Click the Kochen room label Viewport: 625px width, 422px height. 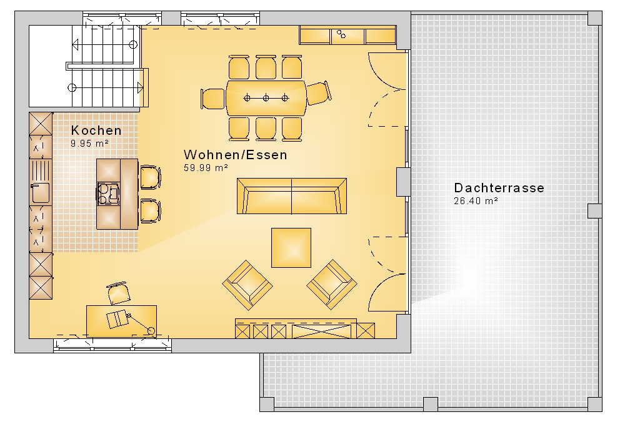96,130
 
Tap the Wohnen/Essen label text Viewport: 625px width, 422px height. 235,154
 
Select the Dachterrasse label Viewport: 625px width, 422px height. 499,187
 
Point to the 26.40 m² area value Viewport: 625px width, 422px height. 476,201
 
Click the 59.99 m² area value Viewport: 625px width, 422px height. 206,167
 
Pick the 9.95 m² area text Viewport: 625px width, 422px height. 89,144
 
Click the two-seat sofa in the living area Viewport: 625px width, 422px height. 292,196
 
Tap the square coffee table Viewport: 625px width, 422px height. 291,248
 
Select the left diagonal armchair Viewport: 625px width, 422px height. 247,285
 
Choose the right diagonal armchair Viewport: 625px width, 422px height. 332,285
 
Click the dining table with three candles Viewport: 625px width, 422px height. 266,98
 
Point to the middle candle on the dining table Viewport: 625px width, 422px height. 266,98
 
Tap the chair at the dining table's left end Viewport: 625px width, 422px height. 213,99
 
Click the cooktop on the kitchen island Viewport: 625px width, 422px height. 108,194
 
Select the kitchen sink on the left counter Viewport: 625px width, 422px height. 40,193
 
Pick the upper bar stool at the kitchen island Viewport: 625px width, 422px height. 150,177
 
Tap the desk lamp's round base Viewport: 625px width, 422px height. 151,330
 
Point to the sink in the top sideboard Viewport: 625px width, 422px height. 341,34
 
